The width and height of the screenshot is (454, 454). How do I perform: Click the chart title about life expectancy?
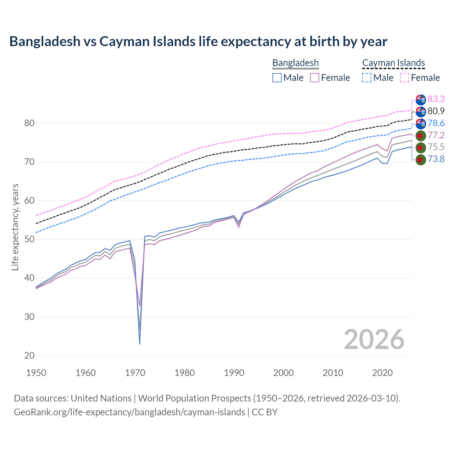pyautogui.click(x=198, y=41)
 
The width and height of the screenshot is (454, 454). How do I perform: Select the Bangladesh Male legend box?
pyautogui.click(x=277, y=78)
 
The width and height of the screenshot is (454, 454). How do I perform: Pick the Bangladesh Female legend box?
pyautogui.click(x=315, y=78)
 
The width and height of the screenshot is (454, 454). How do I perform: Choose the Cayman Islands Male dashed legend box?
pyautogui.click(x=367, y=78)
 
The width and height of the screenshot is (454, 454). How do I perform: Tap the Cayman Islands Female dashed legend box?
pyautogui.click(x=405, y=78)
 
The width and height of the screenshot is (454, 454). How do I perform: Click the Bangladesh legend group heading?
pyautogui.click(x=295, y=63)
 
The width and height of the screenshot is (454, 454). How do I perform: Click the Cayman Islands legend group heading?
pyautogui.click(x=393, y=63)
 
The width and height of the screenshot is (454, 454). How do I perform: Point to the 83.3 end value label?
pyautogui.click(x=436, y=99)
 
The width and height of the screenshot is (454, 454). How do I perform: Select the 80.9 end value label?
pyautogui.click(x=436, y=111)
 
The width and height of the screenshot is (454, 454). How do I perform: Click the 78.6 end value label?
pyautogui.click(x=436, y=123)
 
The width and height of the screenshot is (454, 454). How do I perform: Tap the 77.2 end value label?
pyautogui.click(x=436, y=135)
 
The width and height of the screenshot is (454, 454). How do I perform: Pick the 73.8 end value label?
pyautogui.click(x=436, y=159)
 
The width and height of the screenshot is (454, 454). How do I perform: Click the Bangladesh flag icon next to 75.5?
pyautogui.click(x=420, y=148)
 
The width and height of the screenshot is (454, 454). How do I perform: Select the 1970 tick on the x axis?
pyautogui.click(x=135, y=373)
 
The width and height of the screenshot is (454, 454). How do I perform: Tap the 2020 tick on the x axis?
pyautogui.click(x=382, y=373)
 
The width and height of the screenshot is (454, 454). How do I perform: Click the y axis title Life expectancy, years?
pyautogui.click(x=15, y=227)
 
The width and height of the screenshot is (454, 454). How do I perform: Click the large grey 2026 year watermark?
pyautogui.click(x=374, y=339)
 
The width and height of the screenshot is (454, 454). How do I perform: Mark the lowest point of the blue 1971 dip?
pyautogui.click(x=140, y=344)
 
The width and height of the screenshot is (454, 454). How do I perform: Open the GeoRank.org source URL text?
pyautogui.click(x=129, y=412)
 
